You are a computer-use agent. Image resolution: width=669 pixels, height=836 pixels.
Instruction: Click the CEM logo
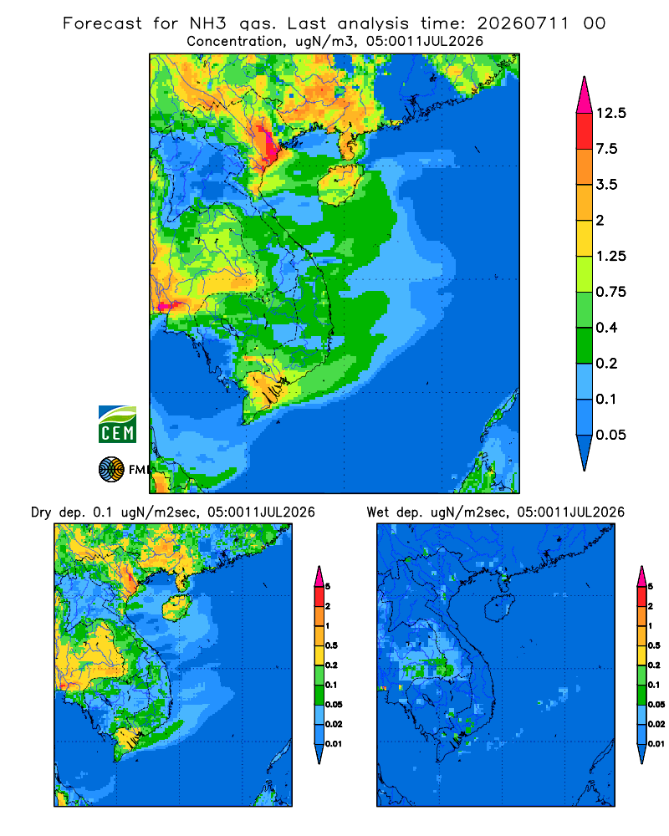coord(117,425)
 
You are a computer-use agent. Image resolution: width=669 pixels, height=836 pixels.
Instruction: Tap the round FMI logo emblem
coord(111,470)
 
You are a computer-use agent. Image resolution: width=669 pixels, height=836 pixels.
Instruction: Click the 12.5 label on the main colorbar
coord(611,113)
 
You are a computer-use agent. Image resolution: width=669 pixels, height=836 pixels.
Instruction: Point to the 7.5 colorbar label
coord(607,149)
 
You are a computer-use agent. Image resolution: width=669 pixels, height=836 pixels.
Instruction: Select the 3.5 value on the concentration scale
coord(607,185)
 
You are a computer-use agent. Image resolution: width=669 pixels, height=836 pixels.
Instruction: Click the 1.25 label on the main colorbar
coord(611,256)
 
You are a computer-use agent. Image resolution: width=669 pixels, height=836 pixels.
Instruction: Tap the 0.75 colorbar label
coord(611,292)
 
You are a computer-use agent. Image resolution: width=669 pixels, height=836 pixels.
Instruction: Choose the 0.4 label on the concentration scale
coord(607,328)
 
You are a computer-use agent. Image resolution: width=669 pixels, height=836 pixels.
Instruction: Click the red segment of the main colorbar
coord(585,131)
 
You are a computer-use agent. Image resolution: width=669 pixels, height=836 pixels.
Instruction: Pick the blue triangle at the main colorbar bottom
coord(585,451)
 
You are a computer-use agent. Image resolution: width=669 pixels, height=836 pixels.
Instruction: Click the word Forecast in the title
coord(102,23)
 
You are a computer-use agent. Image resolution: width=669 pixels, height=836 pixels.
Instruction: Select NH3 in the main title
coord(208,23)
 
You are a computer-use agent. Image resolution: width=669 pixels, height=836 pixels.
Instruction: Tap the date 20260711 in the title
coord(523,23)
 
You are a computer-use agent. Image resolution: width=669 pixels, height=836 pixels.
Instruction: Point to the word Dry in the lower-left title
coord(41,512)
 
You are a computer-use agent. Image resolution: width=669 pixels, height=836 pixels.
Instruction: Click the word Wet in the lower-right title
coord(378,512)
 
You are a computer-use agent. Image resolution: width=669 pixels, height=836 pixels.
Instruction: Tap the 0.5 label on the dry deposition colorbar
coord(331,645)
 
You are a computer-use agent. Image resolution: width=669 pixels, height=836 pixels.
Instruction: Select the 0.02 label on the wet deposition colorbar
coord(656,724)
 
